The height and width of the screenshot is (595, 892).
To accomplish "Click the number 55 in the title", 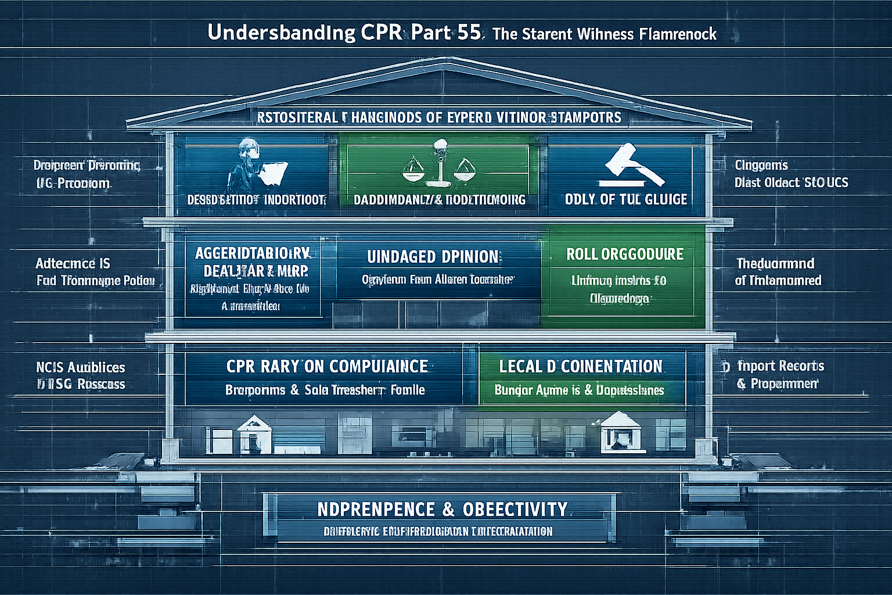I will tap(469, 33).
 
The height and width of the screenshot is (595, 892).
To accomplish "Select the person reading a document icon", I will tap(256, 166).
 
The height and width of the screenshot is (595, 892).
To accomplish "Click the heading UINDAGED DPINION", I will tap(433, 257).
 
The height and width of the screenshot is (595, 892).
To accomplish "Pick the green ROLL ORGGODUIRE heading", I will tap(625, 254).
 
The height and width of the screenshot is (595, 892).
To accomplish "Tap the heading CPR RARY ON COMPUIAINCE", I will tap(327, 366).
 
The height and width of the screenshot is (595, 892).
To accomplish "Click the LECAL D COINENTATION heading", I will tap(581, 366).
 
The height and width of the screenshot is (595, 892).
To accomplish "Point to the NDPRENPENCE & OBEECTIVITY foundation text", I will tap(443, 510).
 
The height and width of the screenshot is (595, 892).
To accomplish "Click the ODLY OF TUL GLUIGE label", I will tap(625, 199).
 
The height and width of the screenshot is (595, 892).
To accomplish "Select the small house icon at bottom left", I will tap(254, 433).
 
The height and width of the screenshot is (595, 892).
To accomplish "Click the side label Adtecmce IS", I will tap(73, 263).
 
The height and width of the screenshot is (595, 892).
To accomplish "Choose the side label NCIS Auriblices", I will tap(80, 367).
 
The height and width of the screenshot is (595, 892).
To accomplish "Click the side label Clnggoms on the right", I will tap(761, 165).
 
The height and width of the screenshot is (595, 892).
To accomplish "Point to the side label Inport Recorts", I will tap(780, 366).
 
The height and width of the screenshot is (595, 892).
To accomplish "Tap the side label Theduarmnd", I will tap(775, 263).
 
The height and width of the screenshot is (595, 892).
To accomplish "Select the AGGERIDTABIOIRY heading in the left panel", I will tap(251, 253).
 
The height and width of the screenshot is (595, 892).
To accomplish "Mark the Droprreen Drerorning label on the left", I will tap(87, 166).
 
